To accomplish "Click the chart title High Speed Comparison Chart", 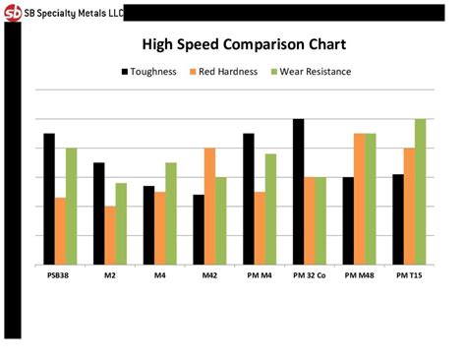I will [x=244, y=44].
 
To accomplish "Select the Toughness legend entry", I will [x=148, y=71].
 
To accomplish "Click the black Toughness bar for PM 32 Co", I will [x=299, y=192].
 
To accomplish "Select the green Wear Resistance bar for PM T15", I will [x=420, y=192].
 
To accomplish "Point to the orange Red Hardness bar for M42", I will [x=209, y=207].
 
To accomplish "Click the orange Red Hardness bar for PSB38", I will [x=61, y=231].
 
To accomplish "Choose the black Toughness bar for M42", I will [x=199, y=230].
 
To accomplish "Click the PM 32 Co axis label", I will [x=310, y=275].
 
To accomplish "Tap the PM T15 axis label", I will [x=409, y=275].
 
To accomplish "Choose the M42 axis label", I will [x=209, y=275].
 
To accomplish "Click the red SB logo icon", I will [x=13, y=12].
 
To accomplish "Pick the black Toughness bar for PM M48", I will [x=348, y=221].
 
